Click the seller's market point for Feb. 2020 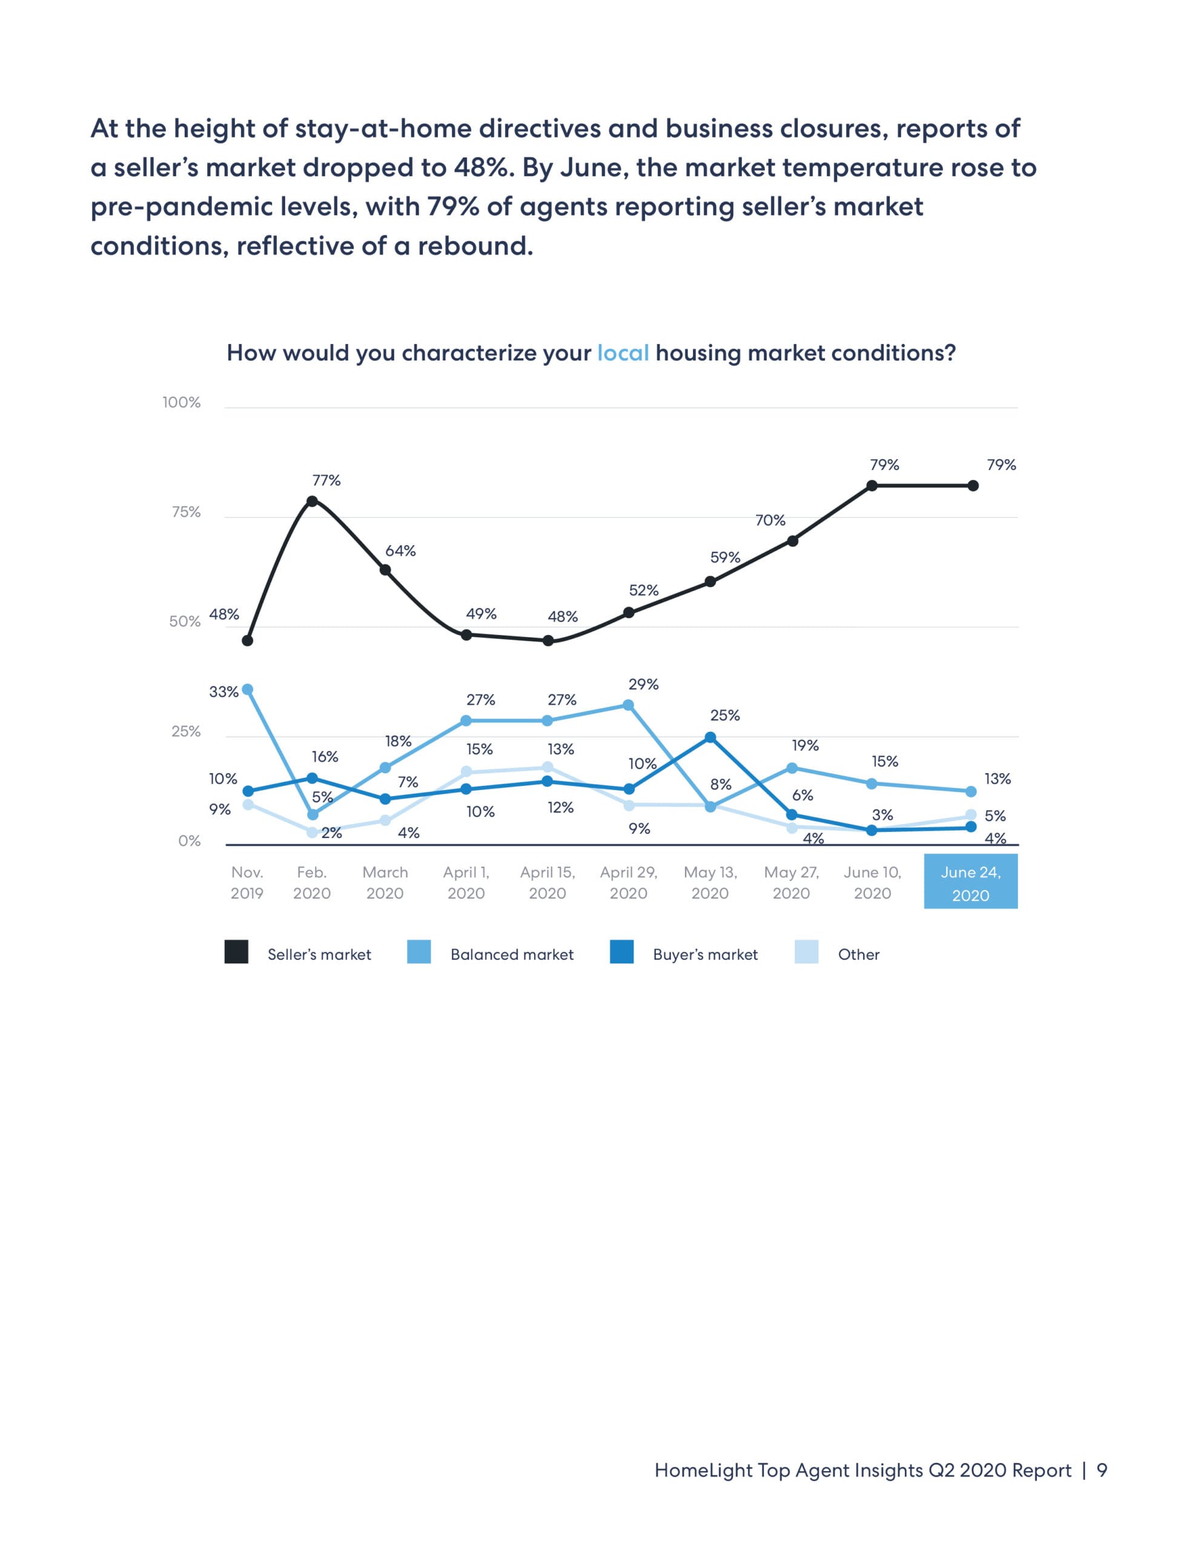pos(312,500)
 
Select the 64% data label pos(400,551)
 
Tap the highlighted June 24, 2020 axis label pos(970,883)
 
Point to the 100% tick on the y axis pos(182,403)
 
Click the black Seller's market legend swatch pos(236,952)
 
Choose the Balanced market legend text pos(512,954)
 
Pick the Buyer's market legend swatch pos(621,952)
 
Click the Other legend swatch pos(806,952)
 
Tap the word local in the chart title pos(623,353)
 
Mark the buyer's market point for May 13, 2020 pos(710,737)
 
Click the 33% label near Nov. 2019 pos(223,692)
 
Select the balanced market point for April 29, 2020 pos(629,705)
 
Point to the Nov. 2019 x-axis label pos(247,883)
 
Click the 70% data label pos(770,520)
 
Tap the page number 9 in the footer pos(1102,1470)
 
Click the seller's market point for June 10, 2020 pos(872,486)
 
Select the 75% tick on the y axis pos(186,512)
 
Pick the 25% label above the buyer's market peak pos(725,715)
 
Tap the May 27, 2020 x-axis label pos(791,883)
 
